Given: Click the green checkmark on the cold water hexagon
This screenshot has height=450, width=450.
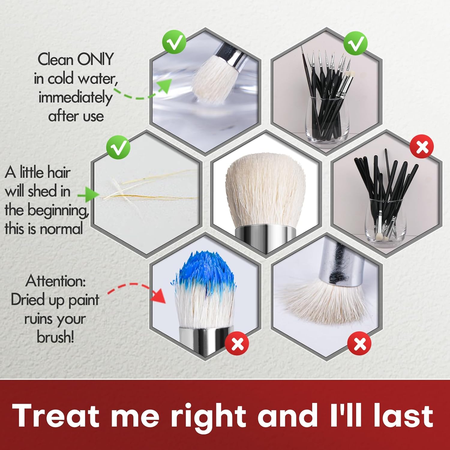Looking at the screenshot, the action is click(174, 43).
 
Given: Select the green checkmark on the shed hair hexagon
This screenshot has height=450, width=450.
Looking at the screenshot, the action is click(118, 147).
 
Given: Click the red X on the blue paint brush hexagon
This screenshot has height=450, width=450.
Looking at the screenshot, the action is click(237, 343).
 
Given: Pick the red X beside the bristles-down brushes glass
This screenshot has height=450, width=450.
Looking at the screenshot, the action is click(422, 147).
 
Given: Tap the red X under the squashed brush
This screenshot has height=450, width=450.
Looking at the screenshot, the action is click(359, 343).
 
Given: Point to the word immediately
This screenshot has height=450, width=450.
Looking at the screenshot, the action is click(75, 98).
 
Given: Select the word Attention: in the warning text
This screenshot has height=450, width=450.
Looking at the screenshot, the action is click(56, 281).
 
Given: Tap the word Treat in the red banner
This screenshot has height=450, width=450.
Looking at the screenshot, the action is click(56, 415).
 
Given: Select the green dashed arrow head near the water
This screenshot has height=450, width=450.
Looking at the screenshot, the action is click(164, 86).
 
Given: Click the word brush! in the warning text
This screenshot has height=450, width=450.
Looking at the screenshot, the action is click(55, 337).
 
